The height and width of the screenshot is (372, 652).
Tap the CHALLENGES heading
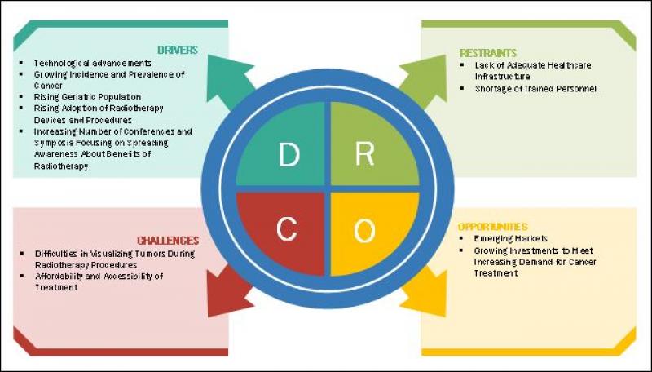click(x=168, y=241)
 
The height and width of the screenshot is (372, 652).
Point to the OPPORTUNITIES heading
click(x=492, y=226)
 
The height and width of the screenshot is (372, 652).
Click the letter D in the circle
click(x=288, y=154)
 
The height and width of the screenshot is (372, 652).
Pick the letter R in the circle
click(x=364, y=154)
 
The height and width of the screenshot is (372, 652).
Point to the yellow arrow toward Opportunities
click(x=424, y=295)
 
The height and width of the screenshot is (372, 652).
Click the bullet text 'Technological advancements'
click(x=92, y=63)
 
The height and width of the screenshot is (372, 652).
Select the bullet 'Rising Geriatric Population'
click(x=87, y=96)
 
